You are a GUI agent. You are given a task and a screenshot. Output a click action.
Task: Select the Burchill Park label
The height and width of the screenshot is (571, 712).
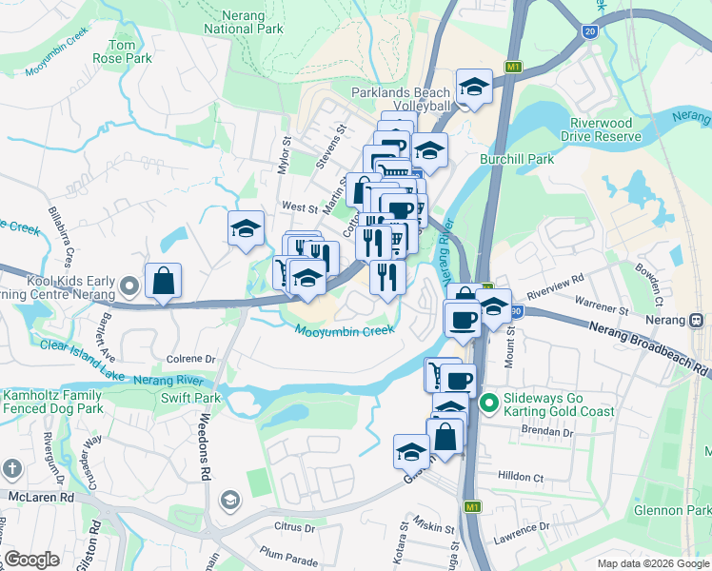(x=517, y=159)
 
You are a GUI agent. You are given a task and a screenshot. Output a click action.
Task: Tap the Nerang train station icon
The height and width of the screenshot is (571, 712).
(x=698, y=320)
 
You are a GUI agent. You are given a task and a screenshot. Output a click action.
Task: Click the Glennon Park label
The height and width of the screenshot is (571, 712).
(x=672, y=511)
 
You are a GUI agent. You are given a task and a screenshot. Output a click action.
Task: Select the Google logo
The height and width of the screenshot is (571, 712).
(x=31, y=560)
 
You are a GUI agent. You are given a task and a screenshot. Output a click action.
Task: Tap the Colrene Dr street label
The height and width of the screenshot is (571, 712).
(x=191, y=360)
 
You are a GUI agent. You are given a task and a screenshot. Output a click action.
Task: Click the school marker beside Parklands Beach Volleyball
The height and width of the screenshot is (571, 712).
(x=473, y=87)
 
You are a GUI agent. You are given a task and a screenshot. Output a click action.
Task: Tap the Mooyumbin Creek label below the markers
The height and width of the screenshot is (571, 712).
(x=344, y=331)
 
